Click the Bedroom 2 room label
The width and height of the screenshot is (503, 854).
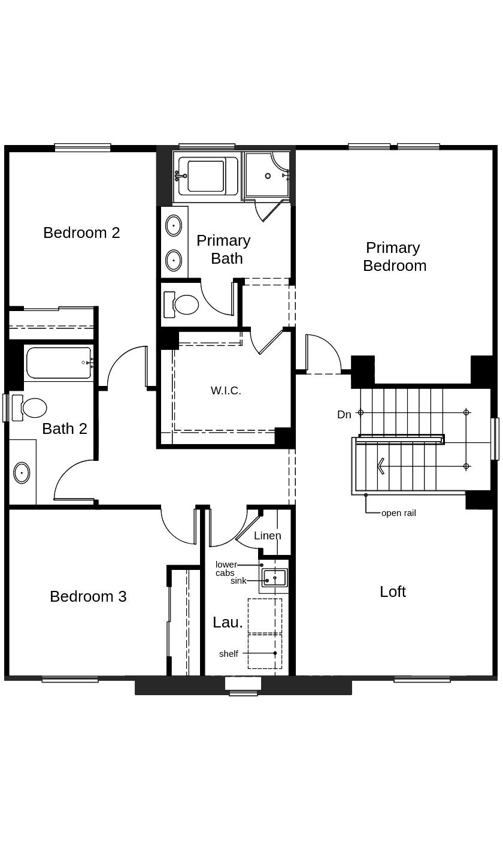(x=81, y=233)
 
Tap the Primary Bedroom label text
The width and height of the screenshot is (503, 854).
(x=394, y=256)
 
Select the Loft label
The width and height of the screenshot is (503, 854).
(x=393, y=592)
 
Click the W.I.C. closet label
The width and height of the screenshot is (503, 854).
(x=226, y=391)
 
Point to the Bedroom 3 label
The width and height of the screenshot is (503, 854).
(x=88, y=596)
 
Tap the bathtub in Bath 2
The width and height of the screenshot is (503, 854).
(x=59, y=363)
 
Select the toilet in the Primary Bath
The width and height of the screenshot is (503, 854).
(x=183, y=304)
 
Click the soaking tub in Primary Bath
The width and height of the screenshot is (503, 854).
(x=205, y=176)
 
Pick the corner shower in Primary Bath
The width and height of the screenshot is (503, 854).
(x=267, y=175)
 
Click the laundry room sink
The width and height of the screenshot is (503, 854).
(x=275, y=578)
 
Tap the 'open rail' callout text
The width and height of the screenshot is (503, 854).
(x=398, y=513)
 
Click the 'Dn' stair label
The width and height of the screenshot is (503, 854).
(x=344, y=415)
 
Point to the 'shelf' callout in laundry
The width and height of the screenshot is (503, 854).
(x=228, y=654)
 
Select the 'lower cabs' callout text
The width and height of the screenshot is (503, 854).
(x=226, y=569)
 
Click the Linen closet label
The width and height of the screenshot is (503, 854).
(x=267, y=536)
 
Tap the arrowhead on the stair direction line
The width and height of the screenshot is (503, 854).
(x=380, y=466)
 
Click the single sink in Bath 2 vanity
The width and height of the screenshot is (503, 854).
(x=22, y=473)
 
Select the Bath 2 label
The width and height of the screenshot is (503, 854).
(x=65, y=428)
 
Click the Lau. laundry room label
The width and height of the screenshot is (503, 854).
(x=228, y=622)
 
